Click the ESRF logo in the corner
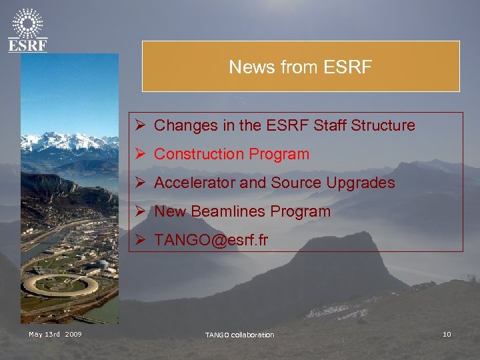point(27,30)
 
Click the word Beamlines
point(224,211)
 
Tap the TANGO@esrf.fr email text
point(211,240)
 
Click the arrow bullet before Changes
point(139,125)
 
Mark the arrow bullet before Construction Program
point(139,154)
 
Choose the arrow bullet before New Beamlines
point(139,211)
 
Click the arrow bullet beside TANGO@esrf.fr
point(139,240)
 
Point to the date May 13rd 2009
point(55,334)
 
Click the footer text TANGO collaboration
point(239,335)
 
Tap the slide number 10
point(447,334)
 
